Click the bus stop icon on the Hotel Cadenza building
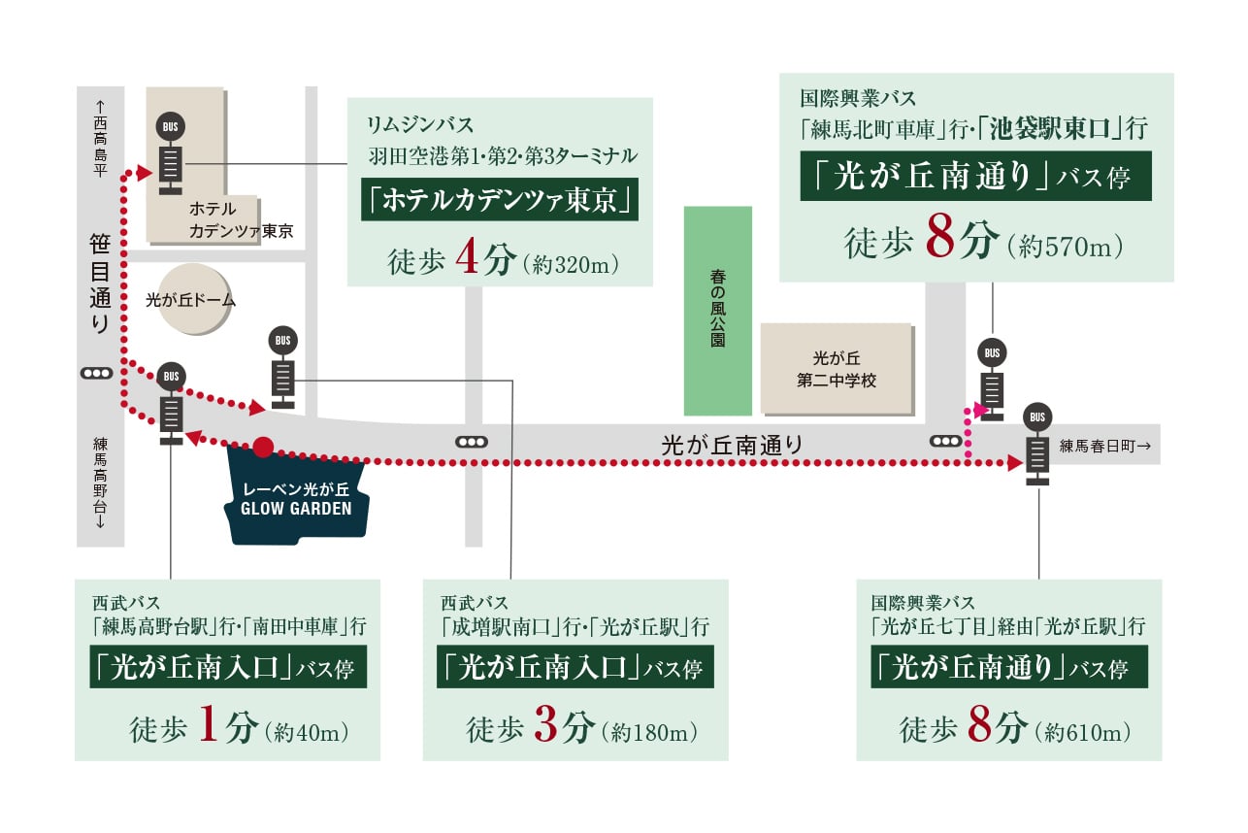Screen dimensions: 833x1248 click(170, 152)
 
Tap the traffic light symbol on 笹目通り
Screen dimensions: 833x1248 click(97, 373)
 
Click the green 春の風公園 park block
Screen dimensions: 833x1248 click(717, 311)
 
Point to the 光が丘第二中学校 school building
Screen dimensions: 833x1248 click(836, 369)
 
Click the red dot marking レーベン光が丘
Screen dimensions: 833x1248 click(262, 448)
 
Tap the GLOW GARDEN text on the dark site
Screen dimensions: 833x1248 click(296, 508)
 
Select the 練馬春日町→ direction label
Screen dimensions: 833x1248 click(1105, 446)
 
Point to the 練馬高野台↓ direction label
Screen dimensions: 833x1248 click(100, 483)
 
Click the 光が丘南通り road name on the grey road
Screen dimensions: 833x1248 click(732, 446)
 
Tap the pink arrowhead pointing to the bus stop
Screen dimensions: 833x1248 click(981, 412)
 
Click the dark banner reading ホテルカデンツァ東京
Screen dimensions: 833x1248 click(500, 200)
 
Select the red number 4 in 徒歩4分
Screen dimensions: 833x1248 click(468, 262)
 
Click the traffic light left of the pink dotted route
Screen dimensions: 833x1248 click(945, 441)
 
